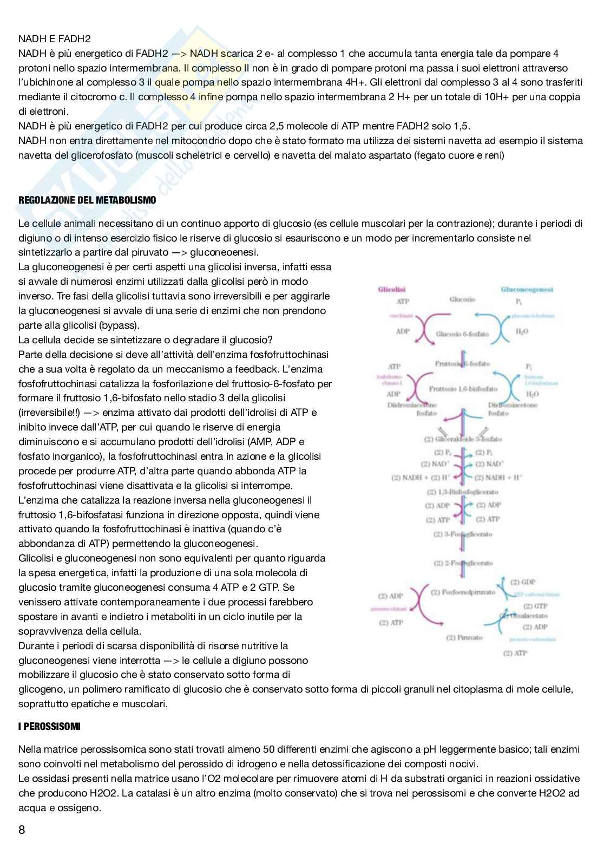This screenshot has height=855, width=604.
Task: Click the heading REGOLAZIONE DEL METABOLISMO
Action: pos(87,200)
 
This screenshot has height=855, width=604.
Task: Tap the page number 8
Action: pos(22,830)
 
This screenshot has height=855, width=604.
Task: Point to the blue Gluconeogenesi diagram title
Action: pos(527,290)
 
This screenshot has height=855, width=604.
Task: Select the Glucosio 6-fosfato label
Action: pos(462,334)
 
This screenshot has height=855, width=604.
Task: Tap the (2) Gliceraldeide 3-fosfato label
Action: pos(464,439)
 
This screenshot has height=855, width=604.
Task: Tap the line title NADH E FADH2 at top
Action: pos(55,39)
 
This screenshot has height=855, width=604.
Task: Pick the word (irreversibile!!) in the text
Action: pos(51,413)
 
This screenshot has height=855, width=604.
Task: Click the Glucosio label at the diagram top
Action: pos(462,299)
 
